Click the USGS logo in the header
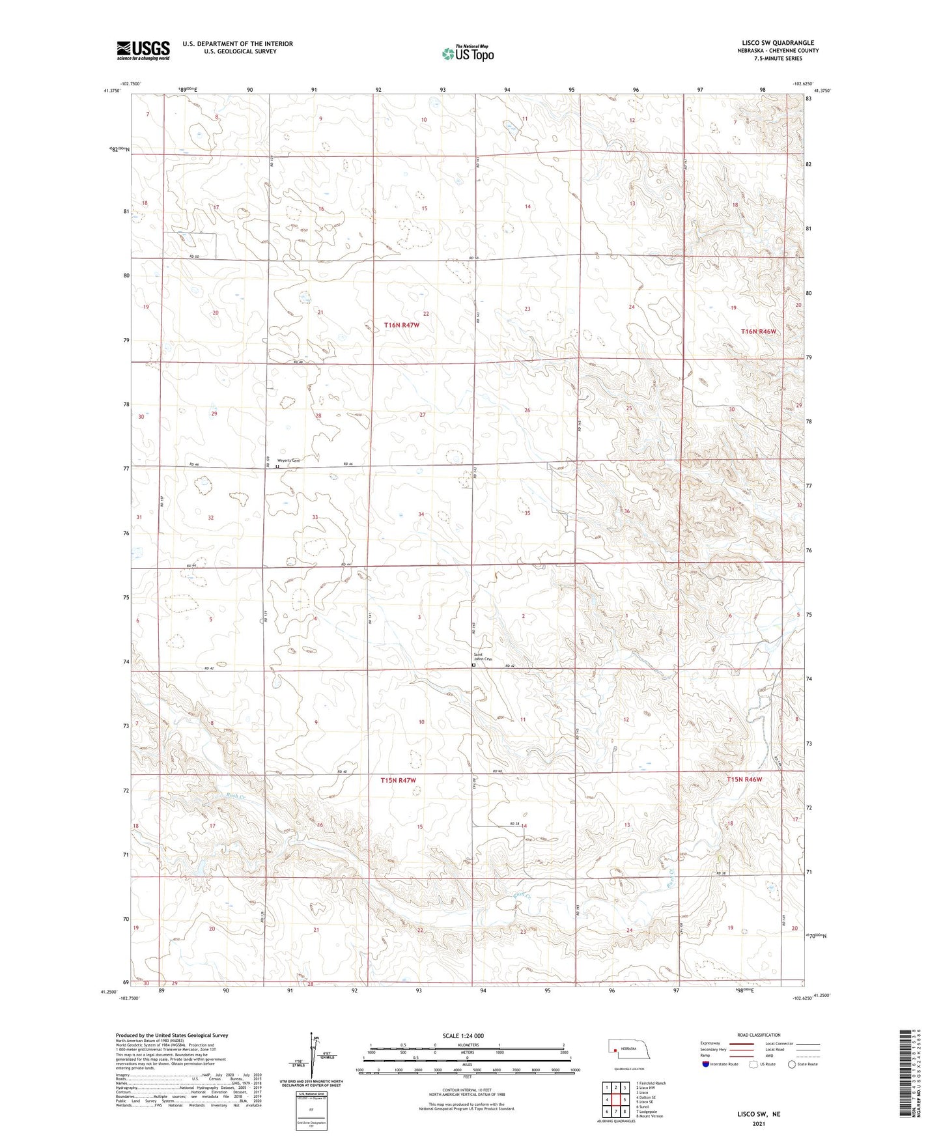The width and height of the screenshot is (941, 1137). pos(143,50)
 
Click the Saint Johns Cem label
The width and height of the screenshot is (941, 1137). pos(483,657)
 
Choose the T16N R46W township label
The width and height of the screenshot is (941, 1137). pos(759,331)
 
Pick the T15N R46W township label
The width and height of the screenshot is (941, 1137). pos(744,779)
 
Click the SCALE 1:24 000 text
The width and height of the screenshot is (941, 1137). pos(463,1035)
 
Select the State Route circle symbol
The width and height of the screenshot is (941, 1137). pos(792,1064)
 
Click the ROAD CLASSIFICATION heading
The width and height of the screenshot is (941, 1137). pos(759,1035)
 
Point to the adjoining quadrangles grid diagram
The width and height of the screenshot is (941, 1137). pos(615,1099)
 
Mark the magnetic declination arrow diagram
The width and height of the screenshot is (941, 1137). pos(316,1057)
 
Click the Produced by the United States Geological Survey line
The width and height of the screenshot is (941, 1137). pos(172,1035)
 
